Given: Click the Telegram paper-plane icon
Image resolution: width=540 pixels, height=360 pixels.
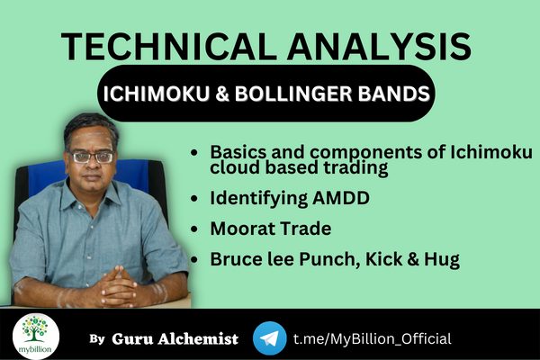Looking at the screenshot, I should (x=269, y=337).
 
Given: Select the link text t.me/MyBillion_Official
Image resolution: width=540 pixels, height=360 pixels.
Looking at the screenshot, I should (x=372, y=338).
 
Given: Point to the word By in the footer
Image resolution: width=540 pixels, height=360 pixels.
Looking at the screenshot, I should (x=97, y=339).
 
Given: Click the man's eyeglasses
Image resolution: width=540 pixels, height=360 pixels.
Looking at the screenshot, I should (x=92, y=157).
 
